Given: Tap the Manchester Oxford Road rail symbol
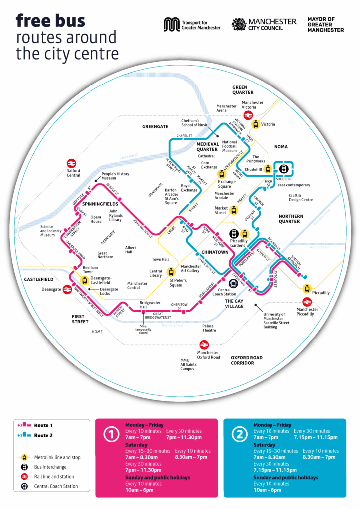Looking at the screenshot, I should point(203,344).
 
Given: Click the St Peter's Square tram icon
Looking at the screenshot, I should point(172,272).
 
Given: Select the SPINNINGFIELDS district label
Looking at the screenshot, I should point(100,204).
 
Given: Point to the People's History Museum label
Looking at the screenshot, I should point(115,176).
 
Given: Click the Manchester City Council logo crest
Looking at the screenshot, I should point(239,24).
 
